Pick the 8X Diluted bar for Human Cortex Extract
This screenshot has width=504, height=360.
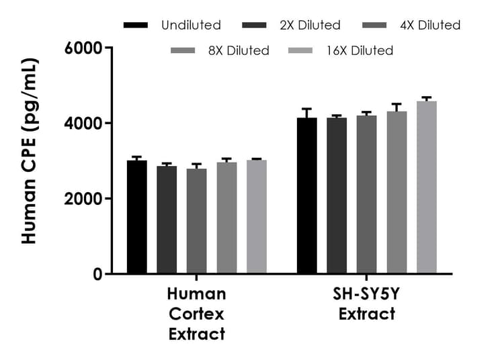coord(226,218)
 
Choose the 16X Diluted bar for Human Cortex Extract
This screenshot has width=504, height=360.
coord(256,216)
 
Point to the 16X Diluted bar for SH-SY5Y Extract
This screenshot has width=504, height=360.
coord(426,187)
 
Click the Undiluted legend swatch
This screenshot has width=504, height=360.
coord(136,26)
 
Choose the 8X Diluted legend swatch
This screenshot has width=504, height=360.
coord(183,50)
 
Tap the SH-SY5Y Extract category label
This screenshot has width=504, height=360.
coord(366,304)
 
